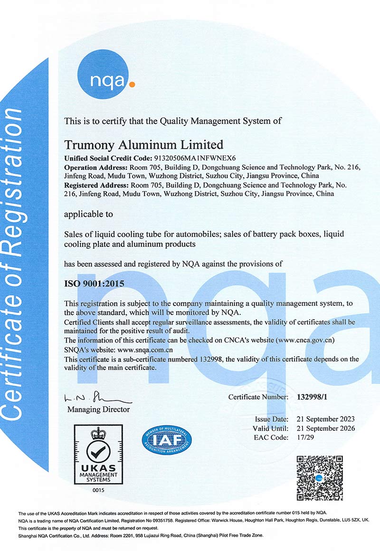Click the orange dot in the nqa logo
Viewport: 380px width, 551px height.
132,85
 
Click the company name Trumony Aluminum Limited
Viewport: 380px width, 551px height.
143,144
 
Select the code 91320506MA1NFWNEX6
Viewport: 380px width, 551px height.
190,158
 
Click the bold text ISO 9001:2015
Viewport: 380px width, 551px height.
94,284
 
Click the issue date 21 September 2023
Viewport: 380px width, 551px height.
325,419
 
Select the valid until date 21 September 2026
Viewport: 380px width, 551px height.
325,428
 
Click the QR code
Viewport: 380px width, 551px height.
320,477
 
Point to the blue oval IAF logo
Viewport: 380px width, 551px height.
167,440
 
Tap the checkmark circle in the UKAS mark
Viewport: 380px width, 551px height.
99,452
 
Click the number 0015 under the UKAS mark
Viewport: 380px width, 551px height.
98,490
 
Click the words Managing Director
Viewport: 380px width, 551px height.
98,409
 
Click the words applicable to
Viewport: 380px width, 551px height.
88,214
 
